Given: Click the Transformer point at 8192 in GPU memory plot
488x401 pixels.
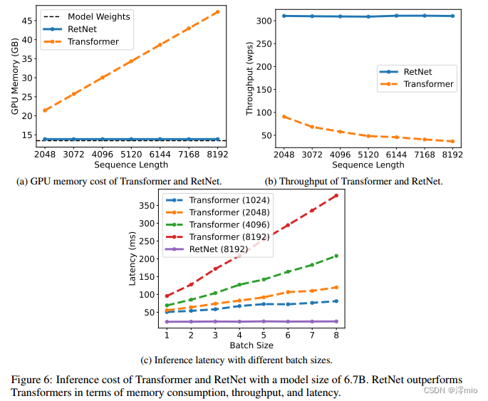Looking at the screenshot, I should coord(217,11).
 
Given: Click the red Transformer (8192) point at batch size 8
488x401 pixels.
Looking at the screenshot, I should coord(336,195).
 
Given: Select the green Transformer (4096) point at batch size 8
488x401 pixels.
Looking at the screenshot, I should coord(336,256).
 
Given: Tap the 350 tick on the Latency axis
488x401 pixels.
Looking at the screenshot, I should coord(145,206).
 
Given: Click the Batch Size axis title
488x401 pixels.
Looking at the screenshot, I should coord(251,345).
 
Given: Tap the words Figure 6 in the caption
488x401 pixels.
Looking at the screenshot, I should coord(32,378).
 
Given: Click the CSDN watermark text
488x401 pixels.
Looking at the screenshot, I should coord(435,391).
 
